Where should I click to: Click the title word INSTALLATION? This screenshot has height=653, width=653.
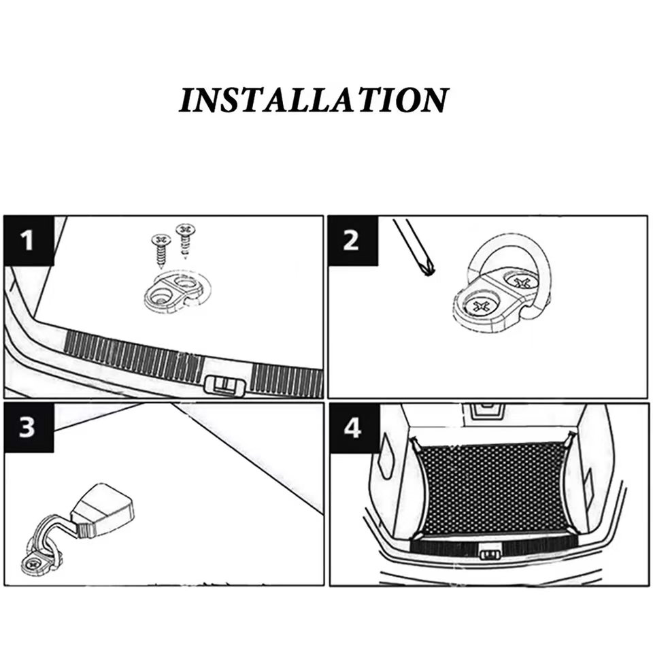pos(314,100)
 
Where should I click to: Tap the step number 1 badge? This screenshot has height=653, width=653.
pos(28,240)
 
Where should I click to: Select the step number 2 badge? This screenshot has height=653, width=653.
pos(352,240)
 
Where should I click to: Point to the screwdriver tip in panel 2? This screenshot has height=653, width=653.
pos(426,271)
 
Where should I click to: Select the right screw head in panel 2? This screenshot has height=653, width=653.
pos(521,281)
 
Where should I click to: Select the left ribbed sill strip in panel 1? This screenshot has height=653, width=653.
pos(133,354)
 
